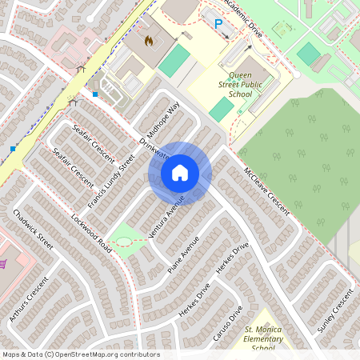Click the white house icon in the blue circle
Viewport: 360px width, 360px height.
coord(180,172)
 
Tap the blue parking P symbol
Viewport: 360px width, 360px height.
coord(218,24)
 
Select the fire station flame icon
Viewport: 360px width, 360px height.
coord(148,38)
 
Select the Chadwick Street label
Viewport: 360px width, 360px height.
coord(33,230)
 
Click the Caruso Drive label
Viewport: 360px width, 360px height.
coord(228,323)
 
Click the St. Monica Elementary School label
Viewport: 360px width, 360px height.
coord(265,338)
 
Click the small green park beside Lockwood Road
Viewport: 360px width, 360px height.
coord(123,236)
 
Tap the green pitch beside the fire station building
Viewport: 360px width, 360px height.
coord(174,61)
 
